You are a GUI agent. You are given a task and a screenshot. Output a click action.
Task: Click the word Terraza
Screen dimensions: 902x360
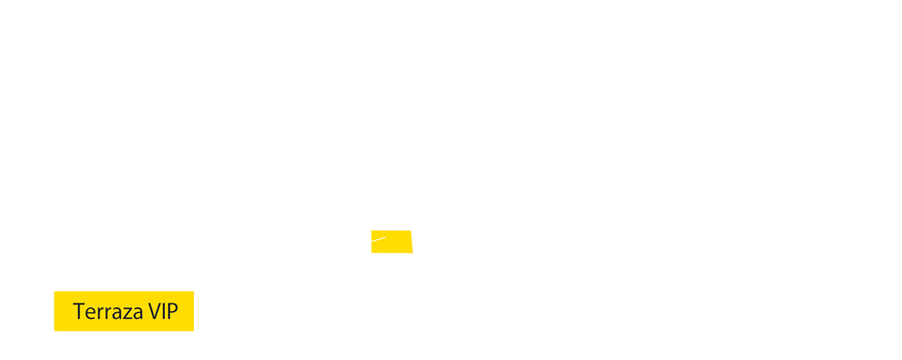pos(107,312)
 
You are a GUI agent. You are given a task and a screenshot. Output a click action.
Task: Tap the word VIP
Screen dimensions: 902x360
pos(162,312)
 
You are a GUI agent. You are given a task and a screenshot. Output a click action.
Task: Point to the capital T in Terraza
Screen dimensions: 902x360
pos(79,312)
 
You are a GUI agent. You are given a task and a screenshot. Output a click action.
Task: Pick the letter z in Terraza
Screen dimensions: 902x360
pos(125,314)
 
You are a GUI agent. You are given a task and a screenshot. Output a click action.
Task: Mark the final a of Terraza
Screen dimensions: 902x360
pos(135,314)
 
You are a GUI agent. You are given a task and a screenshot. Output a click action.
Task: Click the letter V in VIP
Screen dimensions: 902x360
pos(154,312)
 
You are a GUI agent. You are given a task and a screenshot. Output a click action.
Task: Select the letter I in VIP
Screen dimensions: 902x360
pos(163,312)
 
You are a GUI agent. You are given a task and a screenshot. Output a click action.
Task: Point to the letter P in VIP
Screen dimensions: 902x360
pos(172,312)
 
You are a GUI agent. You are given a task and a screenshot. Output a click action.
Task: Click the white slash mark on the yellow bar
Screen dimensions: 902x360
pos(378,239)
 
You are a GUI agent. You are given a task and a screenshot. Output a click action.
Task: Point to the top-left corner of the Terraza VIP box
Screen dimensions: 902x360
pos(55,292)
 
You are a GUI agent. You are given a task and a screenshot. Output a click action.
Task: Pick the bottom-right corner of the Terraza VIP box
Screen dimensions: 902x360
pos(193,330)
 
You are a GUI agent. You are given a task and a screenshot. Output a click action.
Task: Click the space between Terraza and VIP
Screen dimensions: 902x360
pos(145,312)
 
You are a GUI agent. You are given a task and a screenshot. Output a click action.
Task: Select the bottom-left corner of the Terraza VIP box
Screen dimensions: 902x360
pos(55,330)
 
